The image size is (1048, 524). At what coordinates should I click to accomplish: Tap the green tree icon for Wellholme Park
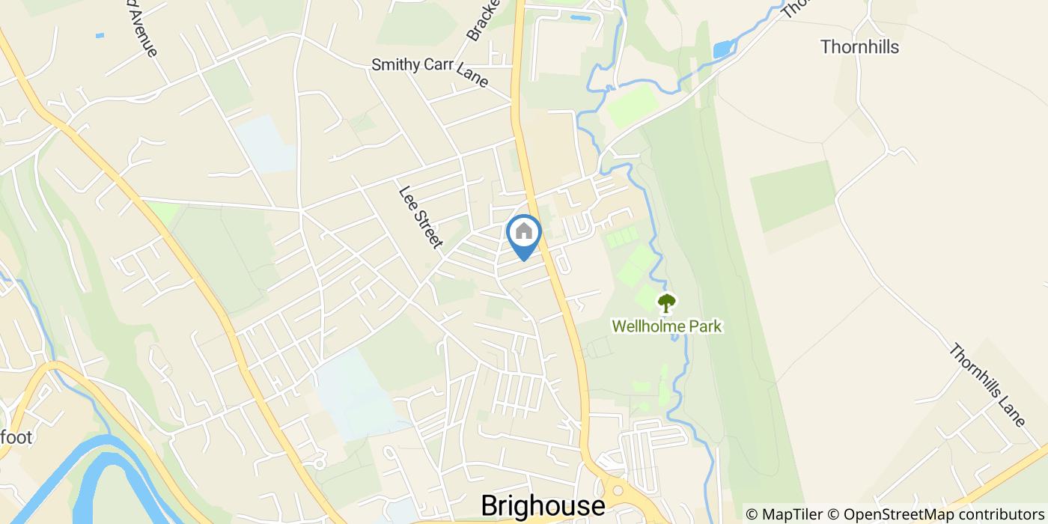[665, 302]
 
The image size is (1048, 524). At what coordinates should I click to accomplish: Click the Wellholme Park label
[666, 326]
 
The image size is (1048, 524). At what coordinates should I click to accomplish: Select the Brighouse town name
[543, 506]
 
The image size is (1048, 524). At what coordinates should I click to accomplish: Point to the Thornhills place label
[859, 47]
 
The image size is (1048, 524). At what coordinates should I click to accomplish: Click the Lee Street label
[421, 217]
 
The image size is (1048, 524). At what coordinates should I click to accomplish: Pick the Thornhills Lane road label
[987, 386]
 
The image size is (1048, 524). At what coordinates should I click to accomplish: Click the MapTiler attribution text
[795, 514]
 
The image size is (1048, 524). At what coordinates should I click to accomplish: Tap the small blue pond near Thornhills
[723, 50]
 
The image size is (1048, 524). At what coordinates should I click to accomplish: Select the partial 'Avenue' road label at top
[142, 34]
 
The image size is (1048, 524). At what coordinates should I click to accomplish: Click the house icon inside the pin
[524, 231]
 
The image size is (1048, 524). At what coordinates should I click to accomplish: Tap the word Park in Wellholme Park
[705, 326]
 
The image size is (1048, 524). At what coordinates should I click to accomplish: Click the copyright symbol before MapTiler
[752, 514]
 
